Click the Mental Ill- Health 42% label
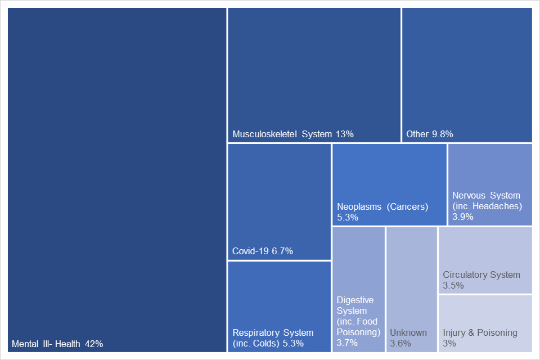[x=57, y=344]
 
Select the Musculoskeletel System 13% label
[x=293, y=134]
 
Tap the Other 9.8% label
[x=430, y=134]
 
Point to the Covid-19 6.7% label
[x=263, y=251]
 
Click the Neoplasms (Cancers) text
[x=382, y=206]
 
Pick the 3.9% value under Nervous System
[x=462, y=217]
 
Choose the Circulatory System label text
[x=481, y=275]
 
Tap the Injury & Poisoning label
[x=480, y=332]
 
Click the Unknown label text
[x=408, y=332]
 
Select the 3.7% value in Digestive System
[x=347, y=343]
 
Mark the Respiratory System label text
[x=273, y=332]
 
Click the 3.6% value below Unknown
[x=400, y=343]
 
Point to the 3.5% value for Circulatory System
[x=453, y=286]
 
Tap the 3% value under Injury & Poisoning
[x=449, y=343]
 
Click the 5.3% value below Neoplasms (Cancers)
[x=348, y=217]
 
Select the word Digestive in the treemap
[x=355, y=300]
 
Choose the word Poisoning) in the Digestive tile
[x=359, y=332]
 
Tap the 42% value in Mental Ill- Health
[x=94, y=344]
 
